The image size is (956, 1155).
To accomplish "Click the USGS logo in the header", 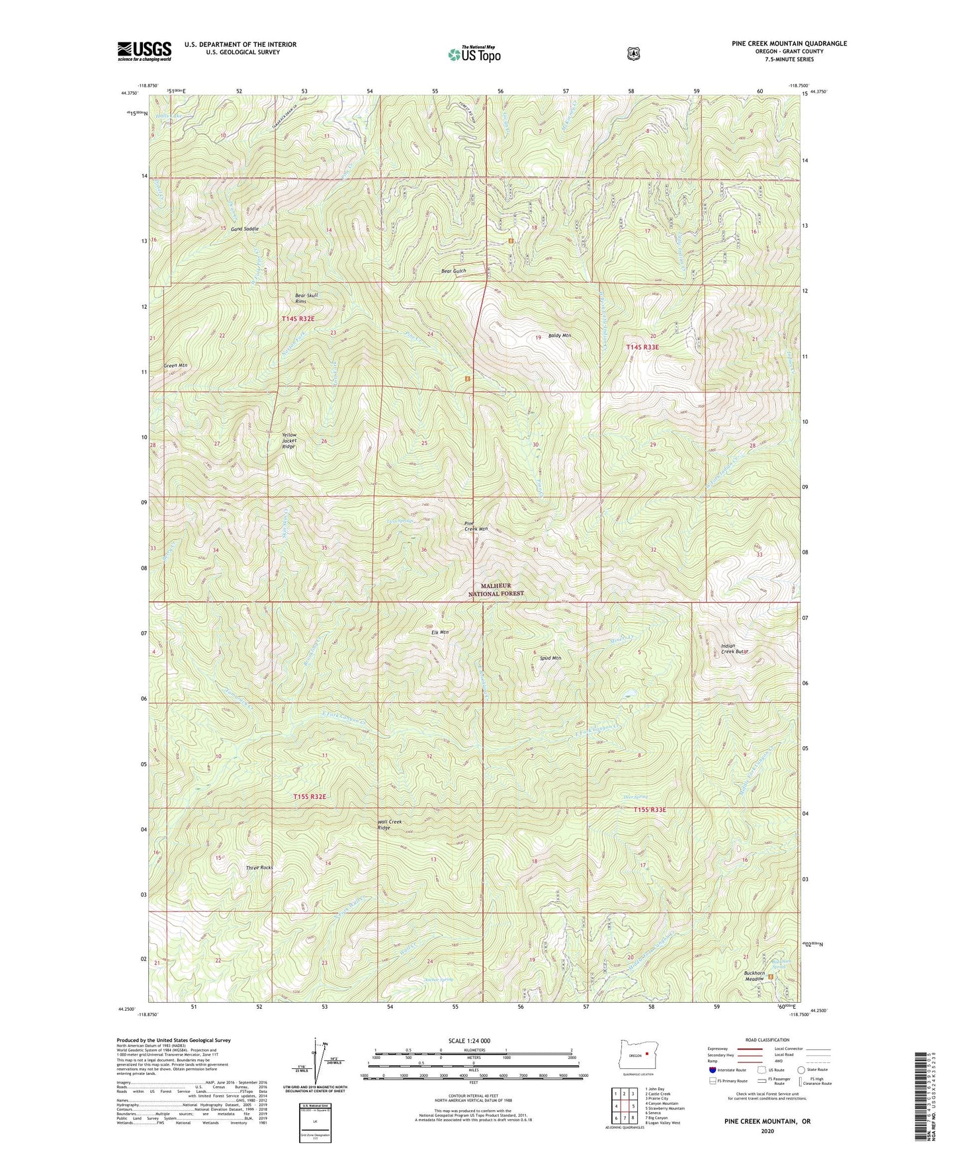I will coord(144,51).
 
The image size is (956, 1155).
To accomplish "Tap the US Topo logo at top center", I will coord(474,54).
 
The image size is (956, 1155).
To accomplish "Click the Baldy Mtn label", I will coord(559,336).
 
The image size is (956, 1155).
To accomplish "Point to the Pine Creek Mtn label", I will coord(476,527).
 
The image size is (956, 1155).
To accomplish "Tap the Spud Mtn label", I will coord(550,658).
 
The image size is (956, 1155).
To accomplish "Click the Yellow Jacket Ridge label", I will coord(289,441).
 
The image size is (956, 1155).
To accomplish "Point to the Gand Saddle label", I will coord(245,229).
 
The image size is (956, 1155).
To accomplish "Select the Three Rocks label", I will coord(259,867).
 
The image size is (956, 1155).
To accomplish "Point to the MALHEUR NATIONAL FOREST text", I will coord(496,589).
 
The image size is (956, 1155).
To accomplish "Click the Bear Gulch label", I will coord(454,271).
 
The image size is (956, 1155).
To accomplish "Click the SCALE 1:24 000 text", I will coord(469,1041).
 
